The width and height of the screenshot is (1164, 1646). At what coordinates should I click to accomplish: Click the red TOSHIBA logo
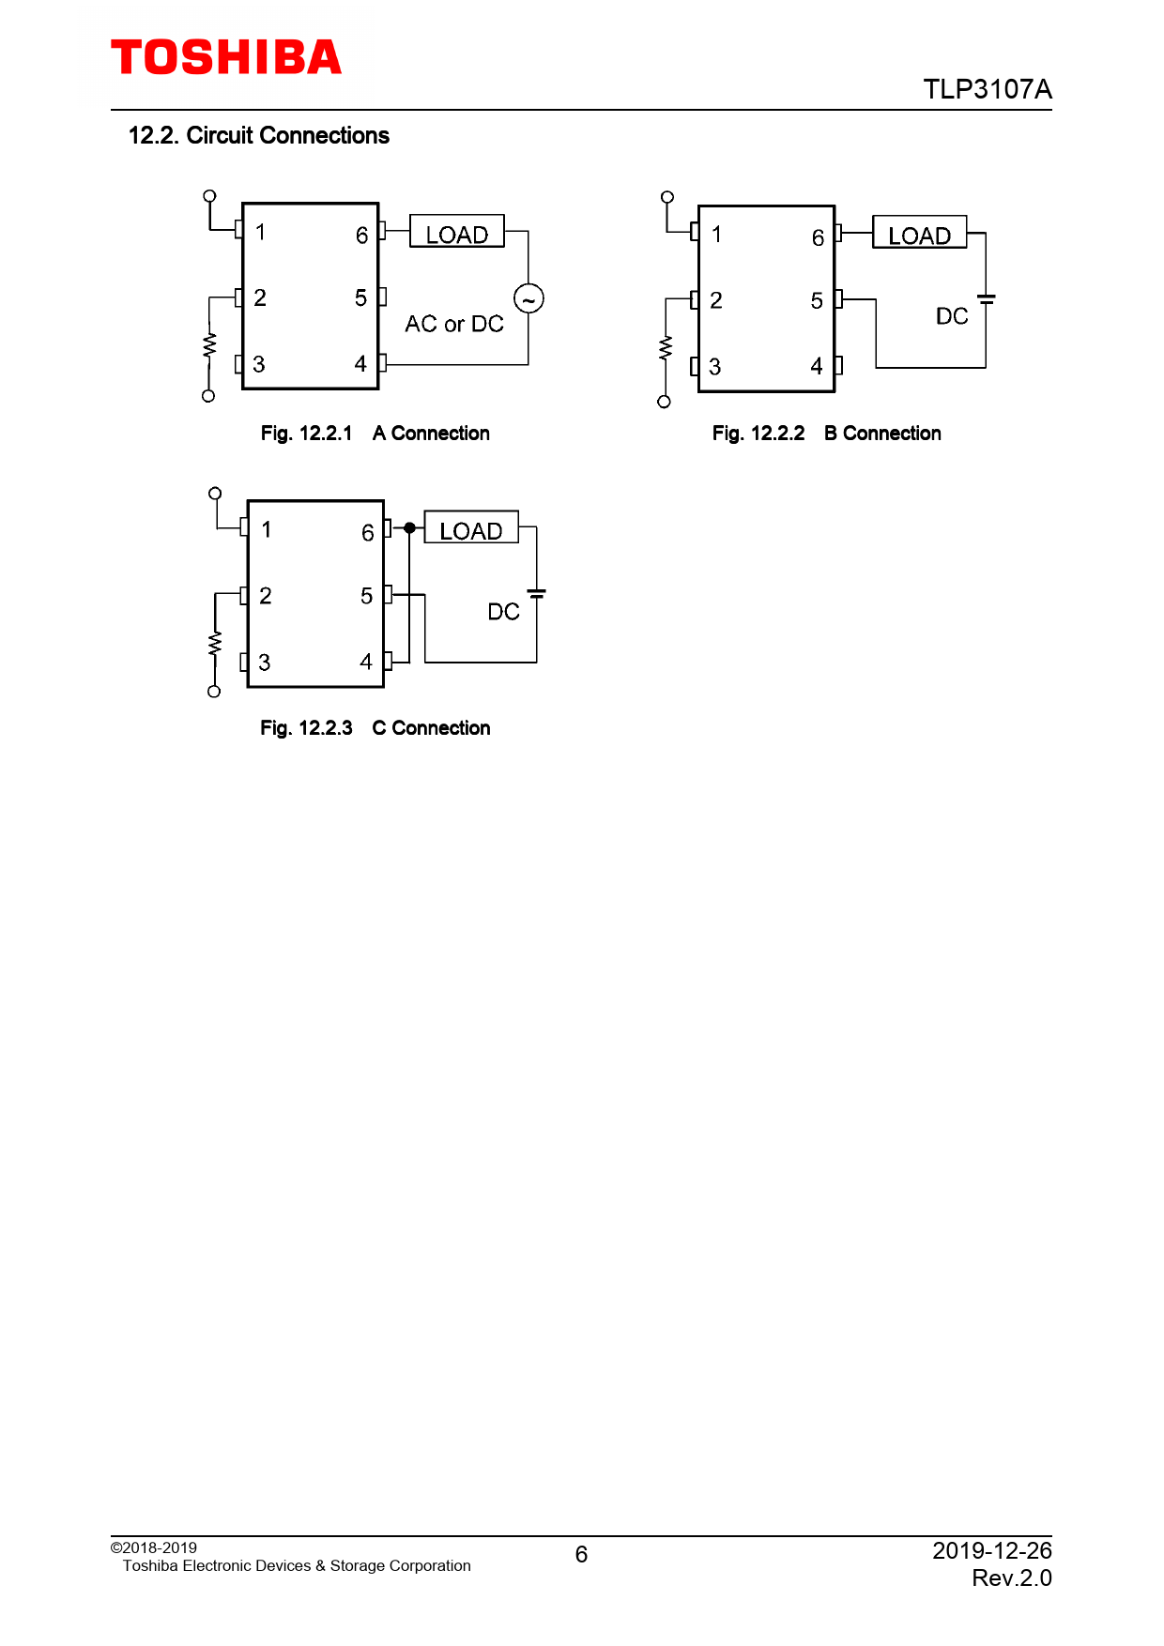(226, 57)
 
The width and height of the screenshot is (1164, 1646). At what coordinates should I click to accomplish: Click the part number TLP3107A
(988, 89)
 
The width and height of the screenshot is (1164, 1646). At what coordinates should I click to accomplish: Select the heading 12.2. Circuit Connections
(259, 135)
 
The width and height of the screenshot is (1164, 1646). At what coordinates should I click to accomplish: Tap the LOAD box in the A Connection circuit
(457, 232)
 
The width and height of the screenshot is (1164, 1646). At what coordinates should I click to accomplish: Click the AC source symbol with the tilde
(528, 298)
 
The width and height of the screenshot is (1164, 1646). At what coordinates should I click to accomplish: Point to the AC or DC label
(454, 324)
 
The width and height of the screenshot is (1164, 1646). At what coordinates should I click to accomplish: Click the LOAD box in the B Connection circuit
(920, 233)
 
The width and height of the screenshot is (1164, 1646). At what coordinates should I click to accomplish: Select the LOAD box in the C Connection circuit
(471, 527)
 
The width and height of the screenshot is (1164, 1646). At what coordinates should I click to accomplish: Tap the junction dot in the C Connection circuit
(409, 528)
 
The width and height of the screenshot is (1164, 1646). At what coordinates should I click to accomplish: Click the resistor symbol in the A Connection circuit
(209, 344)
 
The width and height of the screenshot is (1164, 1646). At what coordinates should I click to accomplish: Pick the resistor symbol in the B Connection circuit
(666, 348)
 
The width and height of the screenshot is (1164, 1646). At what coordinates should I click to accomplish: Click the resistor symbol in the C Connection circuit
(215, 643)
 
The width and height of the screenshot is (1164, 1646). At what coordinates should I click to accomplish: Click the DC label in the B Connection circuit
(952, 316)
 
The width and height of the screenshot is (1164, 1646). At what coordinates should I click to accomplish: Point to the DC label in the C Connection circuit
(504, 612)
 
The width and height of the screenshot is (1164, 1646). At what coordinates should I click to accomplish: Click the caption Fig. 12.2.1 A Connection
(375, 434)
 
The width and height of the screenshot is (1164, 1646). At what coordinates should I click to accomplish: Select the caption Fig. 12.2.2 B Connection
(827, 434)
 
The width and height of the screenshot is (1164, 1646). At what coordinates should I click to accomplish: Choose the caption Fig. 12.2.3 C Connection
(375, 728)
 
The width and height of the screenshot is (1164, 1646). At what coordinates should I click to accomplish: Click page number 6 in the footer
(581, 1555)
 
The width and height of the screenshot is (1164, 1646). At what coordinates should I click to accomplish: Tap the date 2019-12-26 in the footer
(992, 1550)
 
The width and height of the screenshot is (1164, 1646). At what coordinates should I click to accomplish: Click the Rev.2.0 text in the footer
(1012, 1578)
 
